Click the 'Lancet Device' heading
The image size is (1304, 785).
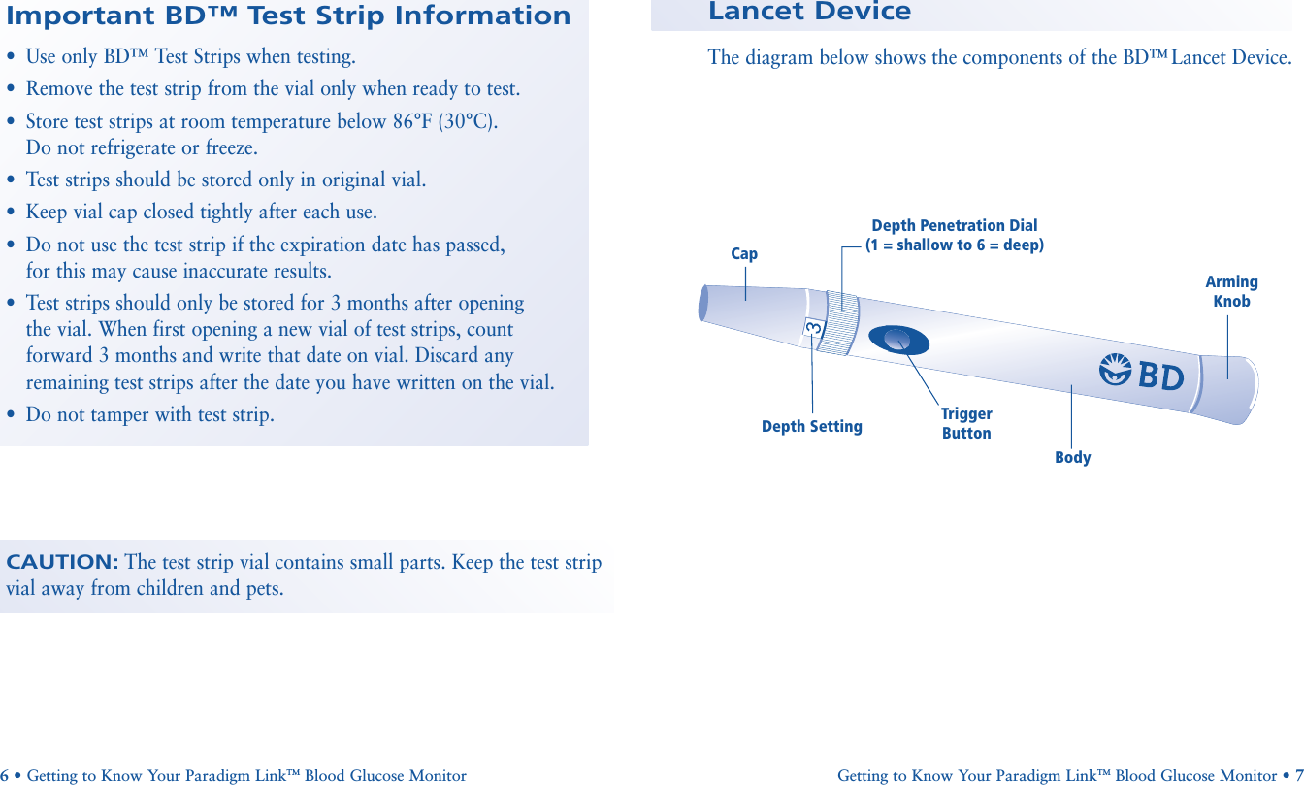coord(809,13)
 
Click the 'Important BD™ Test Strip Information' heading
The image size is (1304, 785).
coord(288,16)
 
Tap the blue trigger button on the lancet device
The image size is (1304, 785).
coord(899,339)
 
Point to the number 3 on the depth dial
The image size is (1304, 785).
coord(813,330)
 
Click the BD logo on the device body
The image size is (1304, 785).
coord(1143,374)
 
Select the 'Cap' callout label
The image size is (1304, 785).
coord(744,254)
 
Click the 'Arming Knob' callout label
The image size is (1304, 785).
coord(1231,291)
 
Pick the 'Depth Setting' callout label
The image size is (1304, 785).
coord(811,427)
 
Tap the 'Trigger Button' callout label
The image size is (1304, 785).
coord(966,424)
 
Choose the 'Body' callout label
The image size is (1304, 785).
coord(1073,458)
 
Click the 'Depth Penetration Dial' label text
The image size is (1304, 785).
coord(954,226)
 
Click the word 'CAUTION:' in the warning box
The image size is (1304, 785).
coord(62,563)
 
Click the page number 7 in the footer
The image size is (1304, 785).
coord(1298,776)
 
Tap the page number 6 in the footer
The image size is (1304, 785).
coord(5,776)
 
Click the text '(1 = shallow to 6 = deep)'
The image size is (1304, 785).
coord(954,245)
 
